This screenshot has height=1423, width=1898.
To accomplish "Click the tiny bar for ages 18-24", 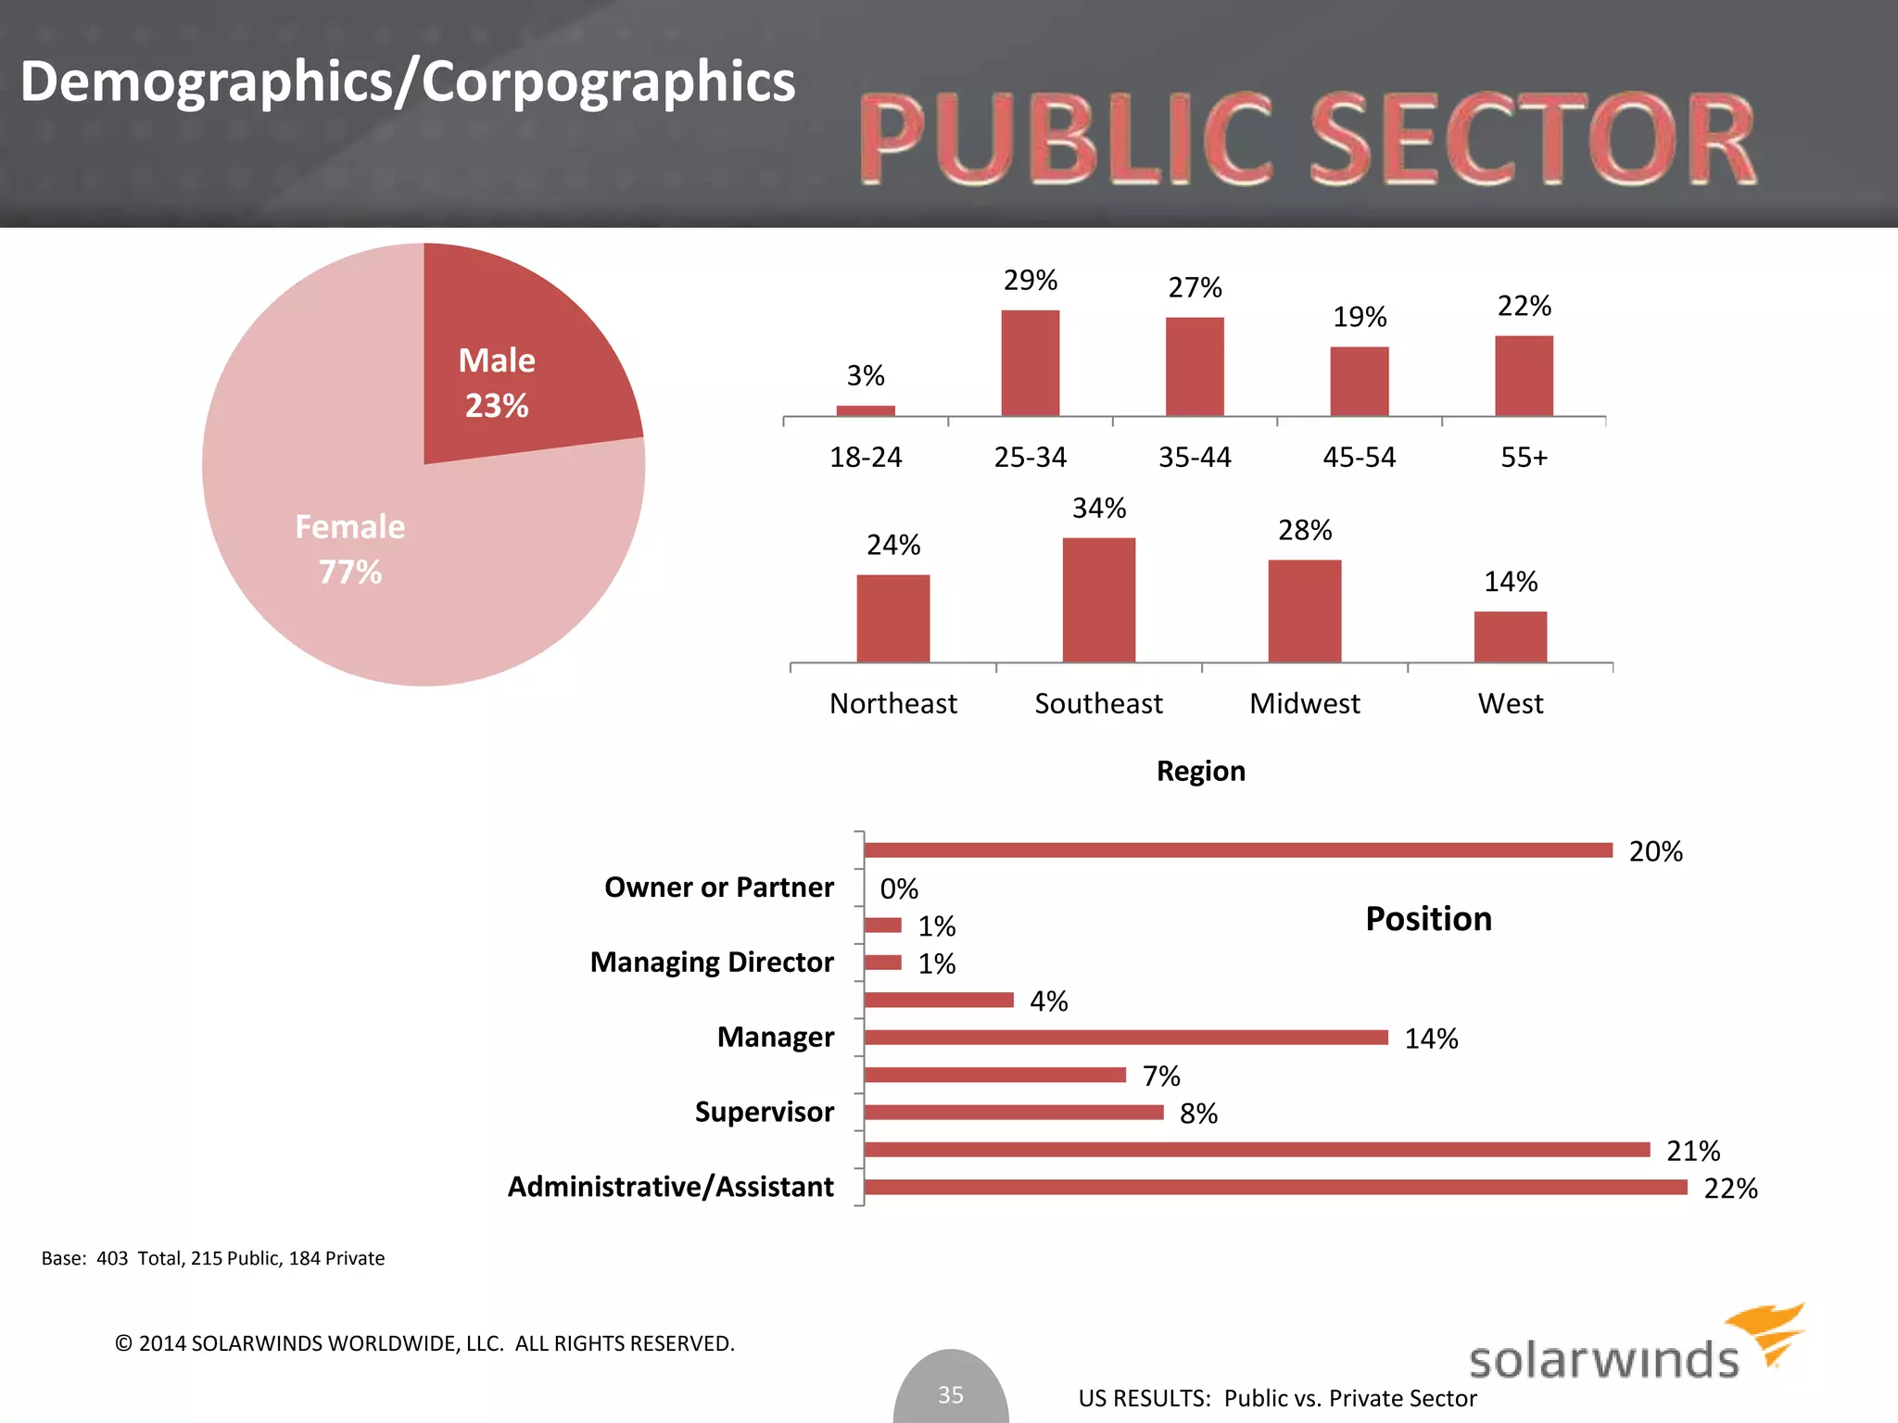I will point(866,410).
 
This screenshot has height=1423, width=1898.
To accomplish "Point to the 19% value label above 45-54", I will point(1360,318).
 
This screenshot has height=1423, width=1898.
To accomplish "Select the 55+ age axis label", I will point(1524,458).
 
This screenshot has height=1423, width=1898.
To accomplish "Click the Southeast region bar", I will point(1098,600).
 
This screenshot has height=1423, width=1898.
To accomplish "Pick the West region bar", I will point(1511,637).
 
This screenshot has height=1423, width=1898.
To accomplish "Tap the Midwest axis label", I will point(1304,704).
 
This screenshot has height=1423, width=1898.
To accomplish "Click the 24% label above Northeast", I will point(893,545).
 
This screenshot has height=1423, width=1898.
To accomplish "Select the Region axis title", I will point(1200,771).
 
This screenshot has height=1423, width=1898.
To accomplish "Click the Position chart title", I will point(1428,919).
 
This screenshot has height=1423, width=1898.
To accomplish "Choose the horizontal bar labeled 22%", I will point(1274,1187).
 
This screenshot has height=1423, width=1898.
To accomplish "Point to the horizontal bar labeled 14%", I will point(1125,1038).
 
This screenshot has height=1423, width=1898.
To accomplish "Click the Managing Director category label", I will point(712,963).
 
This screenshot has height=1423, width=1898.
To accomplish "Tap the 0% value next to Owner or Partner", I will point(899,889).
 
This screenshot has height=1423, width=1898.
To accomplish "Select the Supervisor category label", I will point(764,1112).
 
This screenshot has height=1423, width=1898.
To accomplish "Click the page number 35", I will point(951,1394).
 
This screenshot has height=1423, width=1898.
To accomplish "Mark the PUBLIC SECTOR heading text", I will point(1307,139).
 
